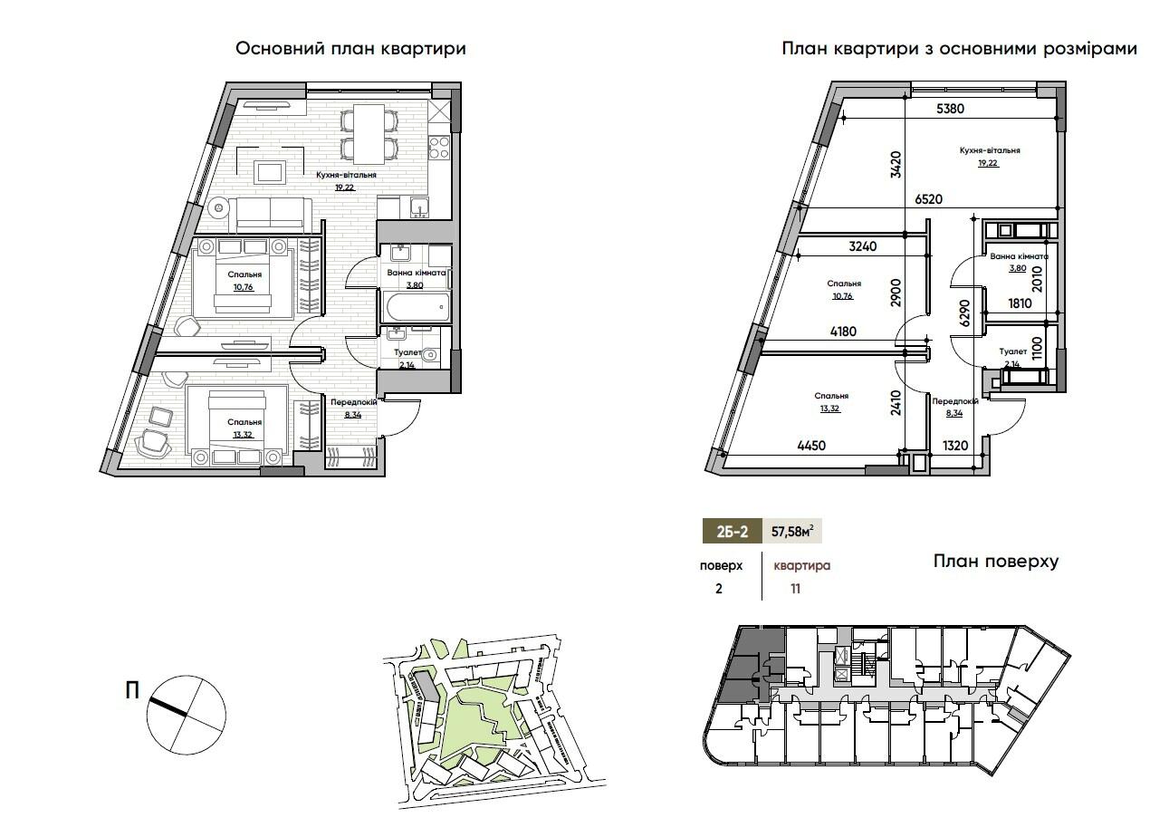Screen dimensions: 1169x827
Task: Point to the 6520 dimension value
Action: pos(928,199)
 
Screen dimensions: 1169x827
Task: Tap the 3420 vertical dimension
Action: pos(896,165)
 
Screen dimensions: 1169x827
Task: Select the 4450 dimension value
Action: pos(811,446)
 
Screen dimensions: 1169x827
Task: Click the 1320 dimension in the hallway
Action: pos(955,446)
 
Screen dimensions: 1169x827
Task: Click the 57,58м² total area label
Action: pos(792,532)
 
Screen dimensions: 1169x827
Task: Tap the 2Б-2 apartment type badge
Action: pos(732,532)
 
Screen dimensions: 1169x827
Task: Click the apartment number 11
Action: pos(795,589)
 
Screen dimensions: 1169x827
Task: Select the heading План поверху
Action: pos(996,562)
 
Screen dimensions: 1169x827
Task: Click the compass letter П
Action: pos(132,691)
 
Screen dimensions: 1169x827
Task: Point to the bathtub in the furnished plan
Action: pos(417,307)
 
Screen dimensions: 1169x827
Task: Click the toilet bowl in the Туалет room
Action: pos(429,355)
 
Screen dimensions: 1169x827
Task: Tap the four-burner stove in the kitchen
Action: pos(439,148)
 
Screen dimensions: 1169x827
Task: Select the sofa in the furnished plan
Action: pos(270,215)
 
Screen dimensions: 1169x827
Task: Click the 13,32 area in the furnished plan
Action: pos(243,435)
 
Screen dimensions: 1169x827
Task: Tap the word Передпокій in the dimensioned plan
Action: pos(955,401)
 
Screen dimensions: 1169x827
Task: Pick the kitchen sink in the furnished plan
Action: pos(419,207)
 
